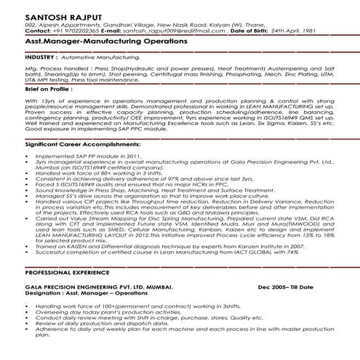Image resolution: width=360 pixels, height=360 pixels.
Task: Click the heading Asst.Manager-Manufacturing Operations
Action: pyautogui.click(x=105, y=41)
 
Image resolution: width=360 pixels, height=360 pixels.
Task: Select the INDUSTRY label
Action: pyautogui.click(x=41, y=55)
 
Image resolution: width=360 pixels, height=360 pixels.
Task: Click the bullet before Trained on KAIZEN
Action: pyautogui.click(x=28, y=247)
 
